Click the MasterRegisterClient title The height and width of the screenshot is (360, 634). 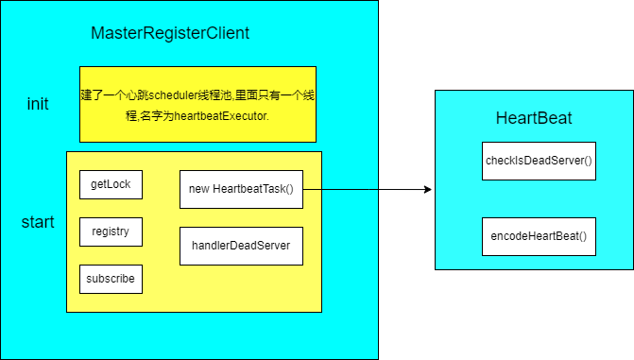coord(170,34)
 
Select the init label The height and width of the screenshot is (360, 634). coord(38,104)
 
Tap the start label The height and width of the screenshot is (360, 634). coord(38,223)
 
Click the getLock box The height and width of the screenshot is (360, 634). coord(111,184)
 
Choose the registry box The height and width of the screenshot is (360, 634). coord(111,231)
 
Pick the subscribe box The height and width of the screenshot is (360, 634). coord(111,279)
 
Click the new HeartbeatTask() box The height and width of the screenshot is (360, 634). coord(241,189)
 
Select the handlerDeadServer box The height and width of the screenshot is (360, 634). coord(241,246)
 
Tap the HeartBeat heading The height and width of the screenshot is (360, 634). coord(534,118)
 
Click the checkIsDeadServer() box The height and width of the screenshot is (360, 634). coord(539,161)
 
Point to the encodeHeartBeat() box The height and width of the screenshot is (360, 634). coord(539,236)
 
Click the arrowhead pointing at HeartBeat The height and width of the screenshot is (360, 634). coord(427,189)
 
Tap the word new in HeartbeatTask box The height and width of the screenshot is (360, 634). coord(198,189)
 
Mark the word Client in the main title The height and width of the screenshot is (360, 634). coord(224,34)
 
